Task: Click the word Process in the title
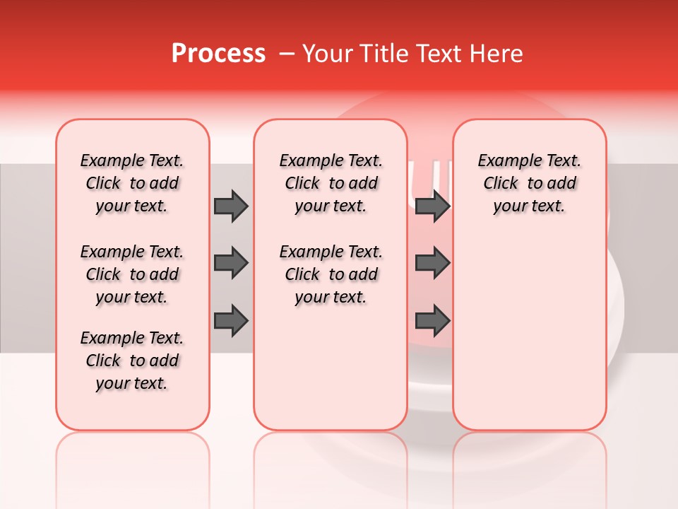tap(218, 54)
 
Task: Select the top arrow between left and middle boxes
tap(231, 206)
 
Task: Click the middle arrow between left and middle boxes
tap(231, 263)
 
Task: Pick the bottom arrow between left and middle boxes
tap(231, 320)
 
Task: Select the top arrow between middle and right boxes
tap(432, 206)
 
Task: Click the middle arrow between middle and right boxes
tap(432, 263)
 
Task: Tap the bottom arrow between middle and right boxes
tap(432, 320)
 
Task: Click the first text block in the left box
tap(132, 183)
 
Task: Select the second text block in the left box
tap(132, 274)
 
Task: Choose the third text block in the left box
tap(132, 361)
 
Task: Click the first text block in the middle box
tap(331, 183)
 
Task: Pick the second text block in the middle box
tap(331, 274)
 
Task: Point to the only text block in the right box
tap(529, 183)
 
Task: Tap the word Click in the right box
tap(501, 184)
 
